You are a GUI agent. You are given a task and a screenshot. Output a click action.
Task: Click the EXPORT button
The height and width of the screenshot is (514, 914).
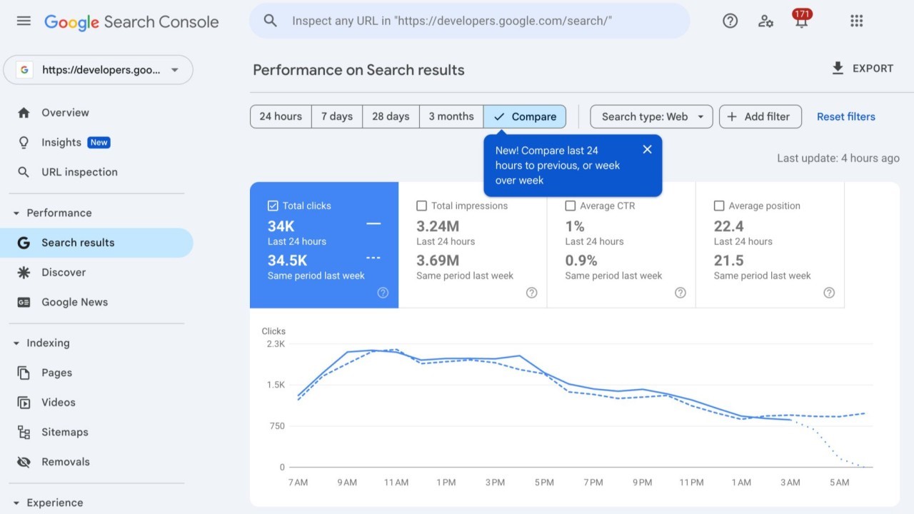(x=863, y=69)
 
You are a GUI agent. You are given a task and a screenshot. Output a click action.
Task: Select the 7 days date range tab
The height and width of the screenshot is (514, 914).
(x=337, y=116)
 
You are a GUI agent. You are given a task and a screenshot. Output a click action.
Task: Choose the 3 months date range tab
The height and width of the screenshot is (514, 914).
(x=451, y=116)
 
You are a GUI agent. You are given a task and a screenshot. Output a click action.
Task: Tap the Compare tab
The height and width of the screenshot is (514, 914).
(x=525, y=116)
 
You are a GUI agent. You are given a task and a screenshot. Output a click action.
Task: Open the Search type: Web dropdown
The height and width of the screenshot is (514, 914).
(x=651, y=116)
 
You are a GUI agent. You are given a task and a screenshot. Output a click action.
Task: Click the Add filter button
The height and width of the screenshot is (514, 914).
(x=760, y=116)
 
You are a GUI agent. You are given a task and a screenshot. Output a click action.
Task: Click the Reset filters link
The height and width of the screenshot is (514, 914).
(x=845, y=116)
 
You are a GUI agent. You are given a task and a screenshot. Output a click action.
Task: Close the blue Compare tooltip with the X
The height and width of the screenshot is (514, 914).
(x=647, y=149)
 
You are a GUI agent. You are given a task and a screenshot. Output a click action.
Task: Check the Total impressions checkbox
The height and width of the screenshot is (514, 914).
(x=421, y=206)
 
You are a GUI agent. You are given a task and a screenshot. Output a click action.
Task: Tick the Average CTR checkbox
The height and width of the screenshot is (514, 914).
(x=570, y=206)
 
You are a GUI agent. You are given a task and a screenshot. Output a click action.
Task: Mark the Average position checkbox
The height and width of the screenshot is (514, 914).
(x=718, y=206)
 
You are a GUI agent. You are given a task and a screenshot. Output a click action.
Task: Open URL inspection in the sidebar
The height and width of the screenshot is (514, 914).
(x=79, y=172)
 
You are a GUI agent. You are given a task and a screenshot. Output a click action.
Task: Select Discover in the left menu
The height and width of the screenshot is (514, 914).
(x=64, y=272)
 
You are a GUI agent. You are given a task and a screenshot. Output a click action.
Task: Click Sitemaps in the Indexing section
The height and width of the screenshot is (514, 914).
(x=64, y=432)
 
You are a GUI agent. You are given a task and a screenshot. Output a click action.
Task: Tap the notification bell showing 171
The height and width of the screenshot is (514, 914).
(x=801, y=21)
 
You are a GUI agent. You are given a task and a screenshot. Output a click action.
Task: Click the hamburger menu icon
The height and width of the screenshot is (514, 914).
(x=24, y=21)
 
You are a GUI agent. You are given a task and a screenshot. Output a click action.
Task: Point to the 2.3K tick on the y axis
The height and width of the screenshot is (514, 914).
(x=275, y=343)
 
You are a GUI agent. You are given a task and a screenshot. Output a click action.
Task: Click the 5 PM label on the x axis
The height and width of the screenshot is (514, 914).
(x=543, y=483)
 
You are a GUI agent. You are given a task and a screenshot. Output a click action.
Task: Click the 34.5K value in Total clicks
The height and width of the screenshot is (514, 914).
(x=287, y=261)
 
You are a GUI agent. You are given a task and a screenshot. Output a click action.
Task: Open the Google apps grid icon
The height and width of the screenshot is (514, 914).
(x=857, y=21)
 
